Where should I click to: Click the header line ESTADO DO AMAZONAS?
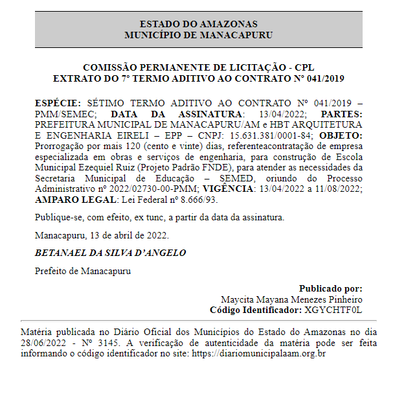[198, 24]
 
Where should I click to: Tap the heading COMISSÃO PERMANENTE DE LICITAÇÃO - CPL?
[198, 67]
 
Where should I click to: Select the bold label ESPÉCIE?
[58, 104]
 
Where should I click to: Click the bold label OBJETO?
[341, 135]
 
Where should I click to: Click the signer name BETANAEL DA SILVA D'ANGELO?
[110, 253]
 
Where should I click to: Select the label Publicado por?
[330, 289]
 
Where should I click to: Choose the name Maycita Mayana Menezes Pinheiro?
[291, 299]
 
